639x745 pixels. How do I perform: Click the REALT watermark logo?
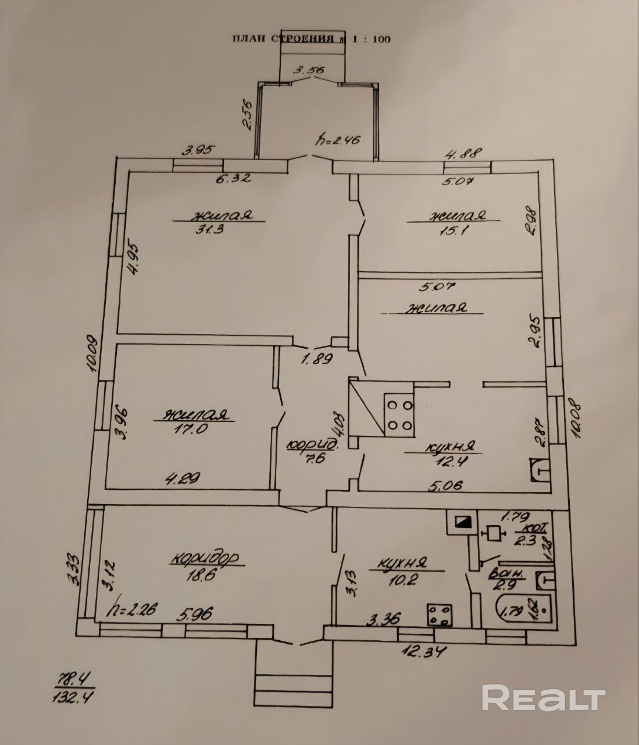pos(544,698)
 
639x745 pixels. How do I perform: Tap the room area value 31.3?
pos(210,229)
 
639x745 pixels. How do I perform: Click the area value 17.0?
pos(188,429)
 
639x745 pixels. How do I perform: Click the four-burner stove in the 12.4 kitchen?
pos(399,415)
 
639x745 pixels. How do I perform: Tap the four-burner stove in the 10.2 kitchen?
pos(440,615)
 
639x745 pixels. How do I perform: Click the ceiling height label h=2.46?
pos(338,140)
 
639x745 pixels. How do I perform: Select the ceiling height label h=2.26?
pos(132,611)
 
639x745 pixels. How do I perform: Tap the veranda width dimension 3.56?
pos(309,70)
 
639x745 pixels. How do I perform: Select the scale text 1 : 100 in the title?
pos(371,40)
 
